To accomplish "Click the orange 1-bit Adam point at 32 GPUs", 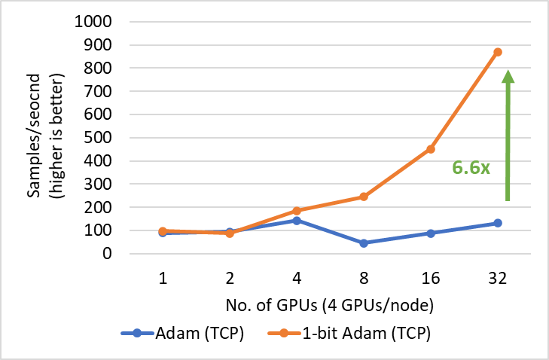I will pyautogui.click(x=498, y=52).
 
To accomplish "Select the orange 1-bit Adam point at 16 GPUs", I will pyautogui.click(x=431, y=149).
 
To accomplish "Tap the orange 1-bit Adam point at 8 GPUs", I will pyautogui.click(x=364, y=197).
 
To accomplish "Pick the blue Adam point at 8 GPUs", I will pyautogui.click(x=364, y=243).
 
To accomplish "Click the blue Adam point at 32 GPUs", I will pyautogui.click(x=498, y=223).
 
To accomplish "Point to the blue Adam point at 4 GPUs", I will pyautogui.click(x=297, y=221).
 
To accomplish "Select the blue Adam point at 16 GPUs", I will pyautogui.click(x=431, y=233).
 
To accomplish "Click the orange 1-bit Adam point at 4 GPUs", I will pyautogui.click(x=297, y=211).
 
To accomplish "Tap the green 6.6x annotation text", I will pyautogui.click(x=471, y=167).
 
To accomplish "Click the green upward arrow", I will pyautogui.click(x=508, y=136).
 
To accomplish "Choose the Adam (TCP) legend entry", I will pyautogui.click(x=181, y=333).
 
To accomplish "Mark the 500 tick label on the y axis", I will pyautogui.click(x=97, y=138).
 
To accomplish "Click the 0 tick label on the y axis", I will pyautogui.click(x=107, y=254).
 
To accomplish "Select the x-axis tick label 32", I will pyautogui.click(x=498, y=278).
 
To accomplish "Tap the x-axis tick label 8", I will pyautogui.click(x=364, y=278).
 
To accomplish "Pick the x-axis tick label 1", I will pyautogui.click(x=163, y=278).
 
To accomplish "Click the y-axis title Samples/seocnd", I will pyautogui.click(x=35, y=137).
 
